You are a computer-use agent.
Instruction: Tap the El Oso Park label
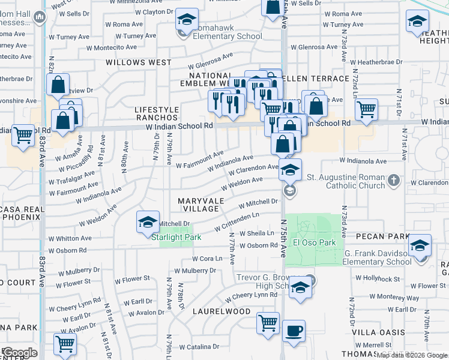(313, 243)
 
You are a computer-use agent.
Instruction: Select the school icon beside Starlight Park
(148, 223)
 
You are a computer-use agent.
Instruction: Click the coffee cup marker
(294, 331)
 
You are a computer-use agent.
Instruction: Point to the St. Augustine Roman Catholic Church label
(346, 181)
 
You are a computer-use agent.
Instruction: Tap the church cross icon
(393, 180)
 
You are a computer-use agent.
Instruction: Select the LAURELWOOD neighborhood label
(221, 311)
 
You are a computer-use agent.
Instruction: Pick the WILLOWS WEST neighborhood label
(139, 62)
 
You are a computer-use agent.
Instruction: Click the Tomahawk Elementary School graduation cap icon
(187, 20)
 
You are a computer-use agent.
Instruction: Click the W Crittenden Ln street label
(238, 223)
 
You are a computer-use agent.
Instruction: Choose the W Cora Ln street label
(207, 259)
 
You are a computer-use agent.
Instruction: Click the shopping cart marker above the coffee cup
(268, 323)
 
